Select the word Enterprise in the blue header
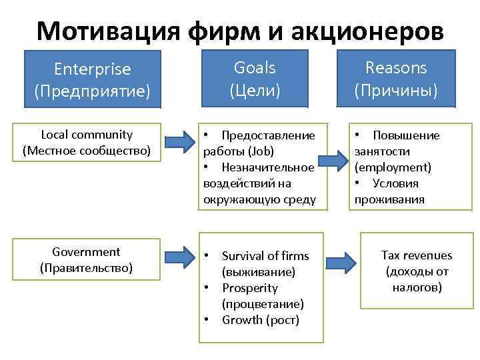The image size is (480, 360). pyautogui.click(x=93, y=69)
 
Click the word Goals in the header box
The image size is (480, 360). pyautogui.click(x=255, y=67)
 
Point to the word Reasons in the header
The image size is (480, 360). pyautogui.click(x=396, y=67)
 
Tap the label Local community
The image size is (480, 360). pyautogui.click(x=87, y=135)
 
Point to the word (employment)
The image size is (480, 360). pyautogui.click(x=393, y=167)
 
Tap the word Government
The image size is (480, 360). pyautogui.click(x=86, y=252)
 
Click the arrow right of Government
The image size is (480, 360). pyautogui.click(x=178, y=257)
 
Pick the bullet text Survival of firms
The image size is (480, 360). pyautogui.click(x=265, y=256)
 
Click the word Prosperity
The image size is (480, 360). pyautogui.click(x=250, y=288)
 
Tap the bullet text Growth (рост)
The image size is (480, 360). pyautogui.click(x=261, y=320)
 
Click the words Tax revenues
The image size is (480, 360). pyautogui.click(x=416, y=255)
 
